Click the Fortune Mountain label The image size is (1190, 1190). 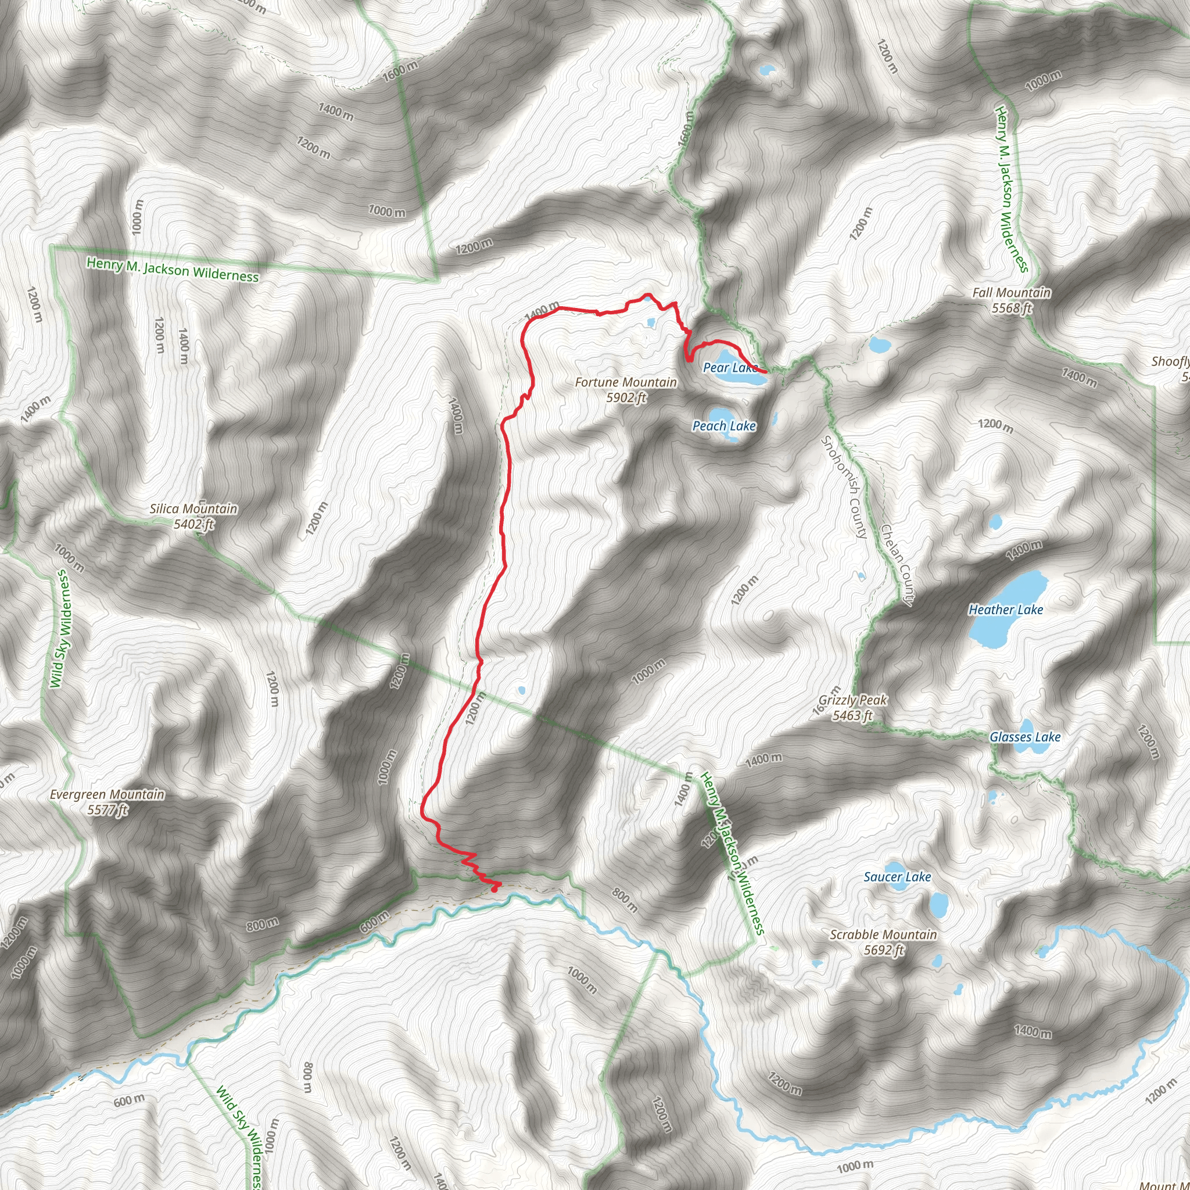[626, 382]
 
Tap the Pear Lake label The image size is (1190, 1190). [730, 368]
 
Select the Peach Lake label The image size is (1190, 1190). [724, 425]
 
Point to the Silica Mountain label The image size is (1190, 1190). [193, 509]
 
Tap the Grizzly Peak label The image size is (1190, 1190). [852, 700]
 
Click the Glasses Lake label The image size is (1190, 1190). [1025, 737]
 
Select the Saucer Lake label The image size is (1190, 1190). [897, 877]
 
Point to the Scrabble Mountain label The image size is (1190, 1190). [883, 935]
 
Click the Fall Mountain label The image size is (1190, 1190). [1012, 293]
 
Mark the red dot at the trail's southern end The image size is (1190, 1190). [494, 888]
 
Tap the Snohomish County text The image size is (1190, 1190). [844, 486]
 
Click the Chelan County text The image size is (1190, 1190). [897, 564]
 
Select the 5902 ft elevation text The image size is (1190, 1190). [626, 398]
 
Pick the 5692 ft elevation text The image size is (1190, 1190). [883, 951]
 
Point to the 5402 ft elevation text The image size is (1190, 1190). [193, 524]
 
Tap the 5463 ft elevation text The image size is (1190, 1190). [852, 716]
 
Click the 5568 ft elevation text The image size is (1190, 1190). [1012, 308]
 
